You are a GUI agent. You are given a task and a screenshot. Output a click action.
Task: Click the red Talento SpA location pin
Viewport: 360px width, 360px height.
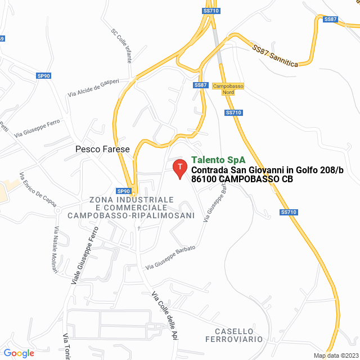coord(179,168)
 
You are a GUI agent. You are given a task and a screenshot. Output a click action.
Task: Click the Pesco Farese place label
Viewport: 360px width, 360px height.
coord(102,150)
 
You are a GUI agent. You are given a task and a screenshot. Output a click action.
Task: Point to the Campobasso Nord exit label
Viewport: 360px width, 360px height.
coord(228,89)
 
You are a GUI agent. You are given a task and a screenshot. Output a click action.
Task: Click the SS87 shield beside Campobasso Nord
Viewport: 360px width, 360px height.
coord(201,85)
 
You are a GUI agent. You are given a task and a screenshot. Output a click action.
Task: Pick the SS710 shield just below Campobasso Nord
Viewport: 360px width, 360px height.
coord(233,112)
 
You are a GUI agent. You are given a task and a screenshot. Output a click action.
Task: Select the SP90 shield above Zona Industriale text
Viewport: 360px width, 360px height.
coord(124,191)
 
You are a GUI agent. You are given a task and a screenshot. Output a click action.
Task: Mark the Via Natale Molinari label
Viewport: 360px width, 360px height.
coord(56,250)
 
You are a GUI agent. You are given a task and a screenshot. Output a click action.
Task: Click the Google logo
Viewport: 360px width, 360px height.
coord(19,353)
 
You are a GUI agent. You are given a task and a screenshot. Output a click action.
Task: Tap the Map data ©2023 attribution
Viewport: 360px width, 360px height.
coord(335,355)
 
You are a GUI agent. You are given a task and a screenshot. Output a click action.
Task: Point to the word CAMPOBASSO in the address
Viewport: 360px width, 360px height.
coord(249,179)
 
